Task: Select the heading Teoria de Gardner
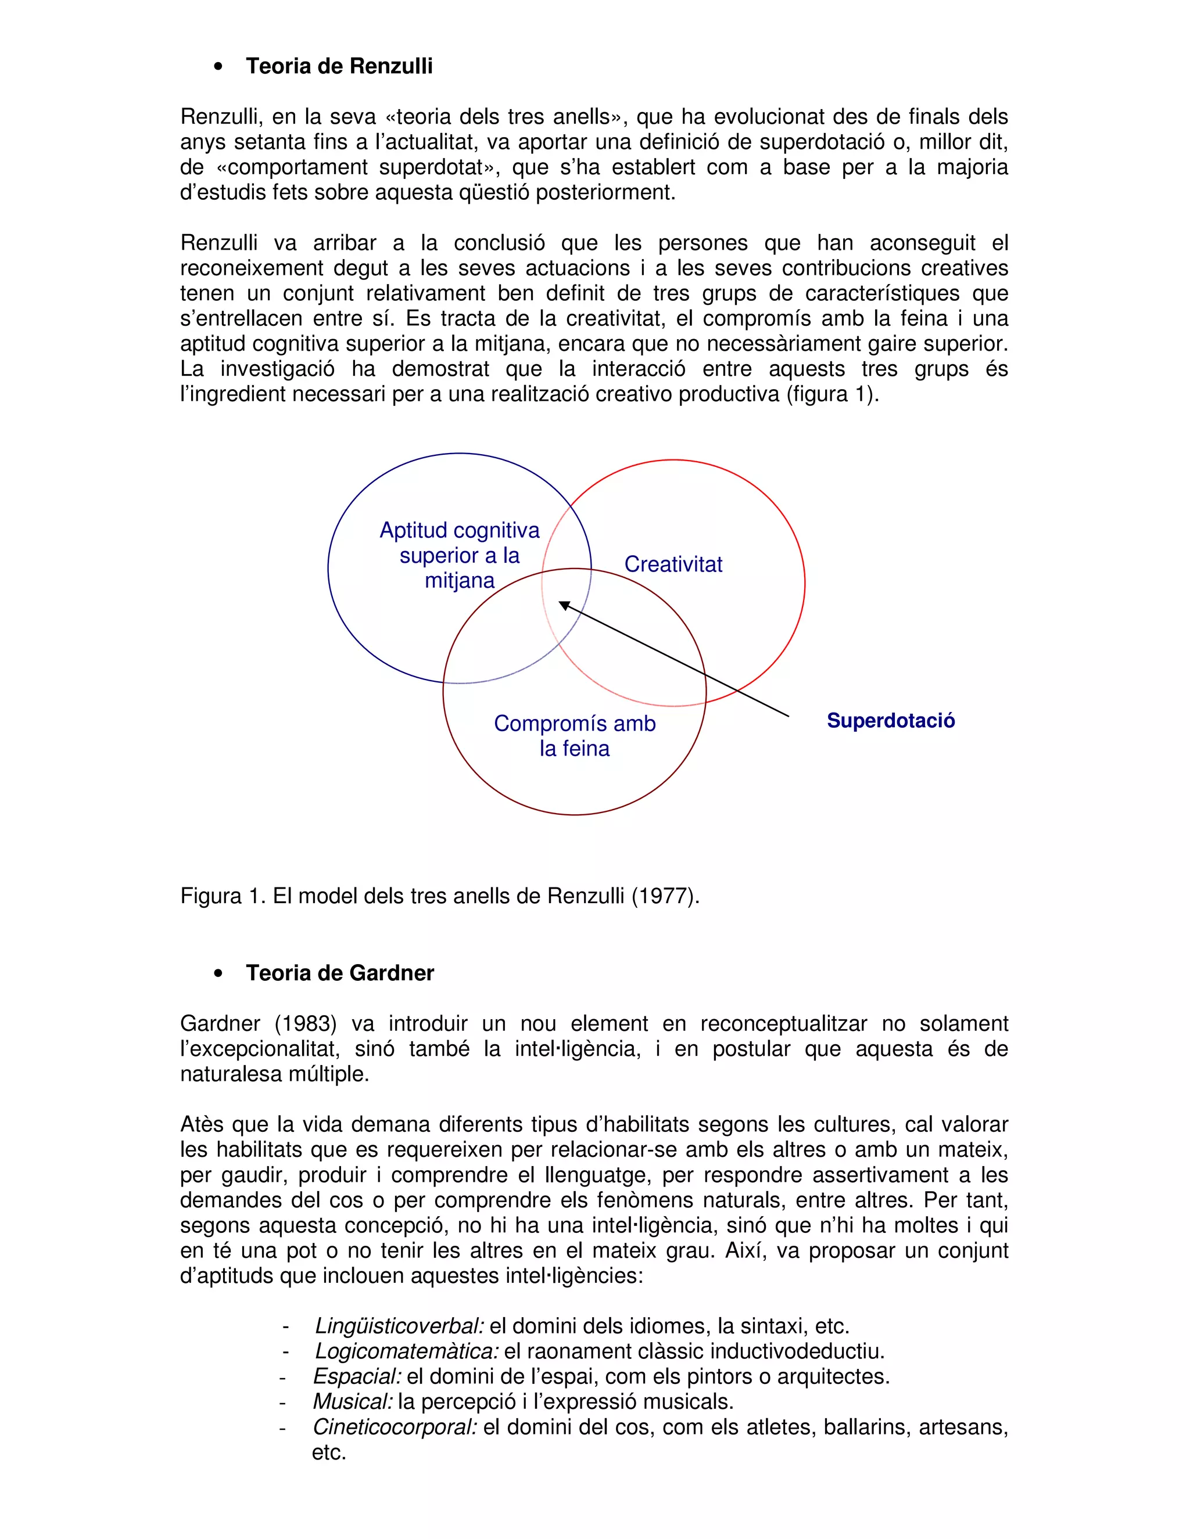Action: [x=339, y=973]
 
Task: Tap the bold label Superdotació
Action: [x=890, y=720]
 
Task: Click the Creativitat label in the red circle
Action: [x=673, y=564]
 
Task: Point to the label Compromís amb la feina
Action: [x=575, y=736]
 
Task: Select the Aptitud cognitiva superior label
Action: [x=460, y=555]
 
